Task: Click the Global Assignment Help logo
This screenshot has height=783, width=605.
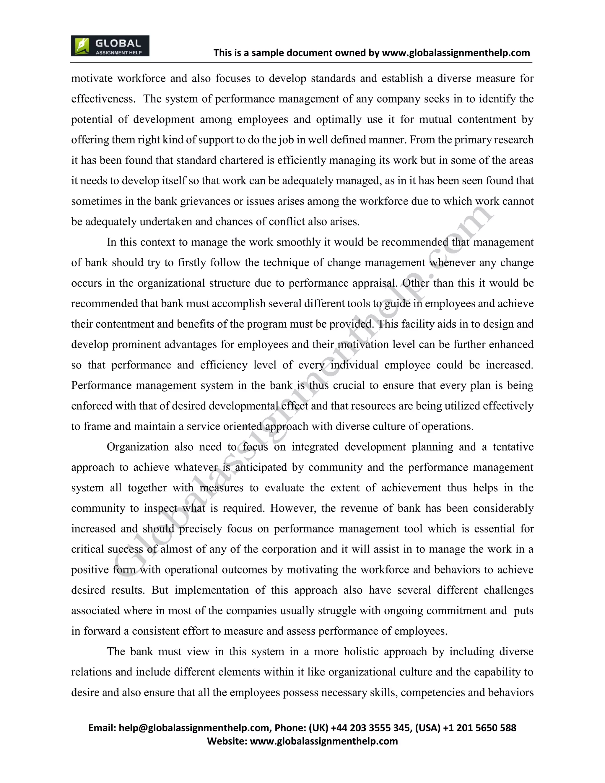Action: pos(110,46)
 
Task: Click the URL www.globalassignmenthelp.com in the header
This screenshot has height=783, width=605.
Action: pos(456,53)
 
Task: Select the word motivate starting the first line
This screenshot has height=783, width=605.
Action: pos(92,79)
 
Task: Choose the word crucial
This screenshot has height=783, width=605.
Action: pos(351,385)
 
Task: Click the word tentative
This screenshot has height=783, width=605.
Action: pos(513,447)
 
